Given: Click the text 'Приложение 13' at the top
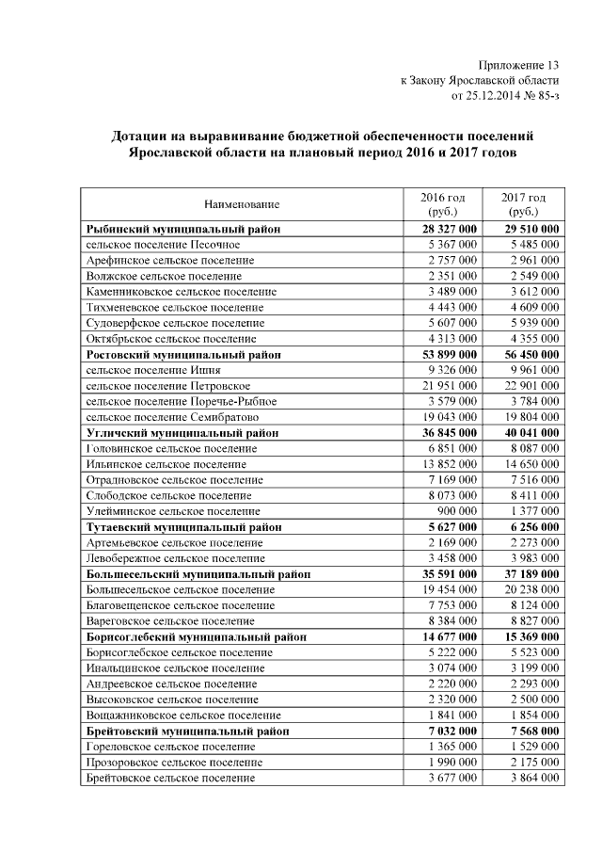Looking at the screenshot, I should [x=518, y=65].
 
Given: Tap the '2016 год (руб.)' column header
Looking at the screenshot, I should [x=442, y=204].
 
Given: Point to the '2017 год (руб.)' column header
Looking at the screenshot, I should [x=524, y=204].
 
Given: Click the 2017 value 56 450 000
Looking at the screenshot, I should [x=528, y=355].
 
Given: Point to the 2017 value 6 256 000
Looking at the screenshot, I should [x=531, y=527].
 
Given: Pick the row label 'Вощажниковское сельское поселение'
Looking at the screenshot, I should [x=183, y=715].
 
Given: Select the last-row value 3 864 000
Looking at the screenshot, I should [x=532, y=779].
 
